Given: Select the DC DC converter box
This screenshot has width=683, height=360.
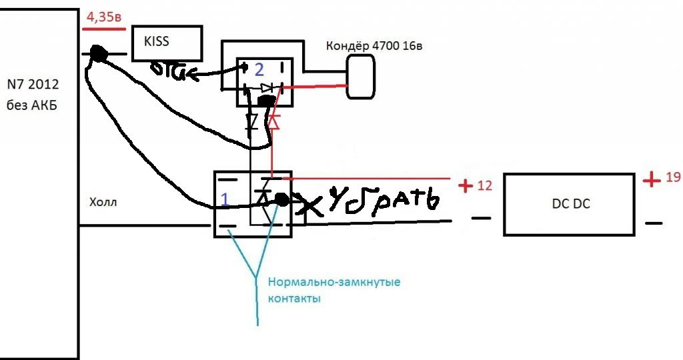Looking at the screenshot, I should [568, 204].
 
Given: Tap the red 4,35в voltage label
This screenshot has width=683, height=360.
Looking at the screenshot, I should [102, 19].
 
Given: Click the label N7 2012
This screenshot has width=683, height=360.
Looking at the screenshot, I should [33, 85].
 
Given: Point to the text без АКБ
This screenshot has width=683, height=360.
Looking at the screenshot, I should [33, 105].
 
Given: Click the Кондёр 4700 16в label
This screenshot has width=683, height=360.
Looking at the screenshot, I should [374, 46].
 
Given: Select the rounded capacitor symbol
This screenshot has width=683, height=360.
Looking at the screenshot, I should [361, 77].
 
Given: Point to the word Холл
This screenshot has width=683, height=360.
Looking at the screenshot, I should [103, 202].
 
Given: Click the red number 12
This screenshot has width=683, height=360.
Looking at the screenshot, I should [485, 185].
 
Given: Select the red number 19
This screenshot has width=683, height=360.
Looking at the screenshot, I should [672, 178].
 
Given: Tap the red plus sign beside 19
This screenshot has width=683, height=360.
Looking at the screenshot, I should [652, 179].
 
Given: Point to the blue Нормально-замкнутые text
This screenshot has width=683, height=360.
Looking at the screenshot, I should [333, 282].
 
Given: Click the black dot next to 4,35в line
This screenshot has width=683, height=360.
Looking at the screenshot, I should [99, 54].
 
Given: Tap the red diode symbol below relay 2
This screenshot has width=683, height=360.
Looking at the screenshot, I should [273, 123].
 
